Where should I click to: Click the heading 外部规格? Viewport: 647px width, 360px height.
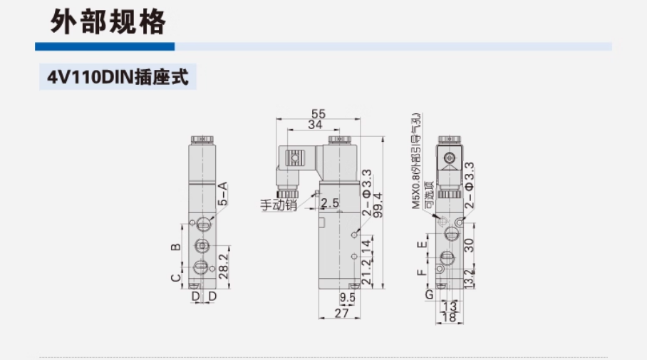(x=108, y=21)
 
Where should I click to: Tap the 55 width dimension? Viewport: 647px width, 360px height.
(x=319, y=113)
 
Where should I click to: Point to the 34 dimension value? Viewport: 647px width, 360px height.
(x=314, y=125)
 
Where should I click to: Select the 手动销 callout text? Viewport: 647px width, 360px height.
(x=277, y=205)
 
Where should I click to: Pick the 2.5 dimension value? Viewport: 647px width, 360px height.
(x=330, y=204)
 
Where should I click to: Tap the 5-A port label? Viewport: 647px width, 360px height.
(x=222, y=194)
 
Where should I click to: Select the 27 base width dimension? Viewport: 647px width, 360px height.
(x=342, y=312)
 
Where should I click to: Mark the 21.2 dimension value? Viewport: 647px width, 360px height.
(x=366, y=272)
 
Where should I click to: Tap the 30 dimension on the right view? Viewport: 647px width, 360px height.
(x=468, y=245)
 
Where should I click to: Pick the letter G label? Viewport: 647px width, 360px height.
(x=429, y=294)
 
